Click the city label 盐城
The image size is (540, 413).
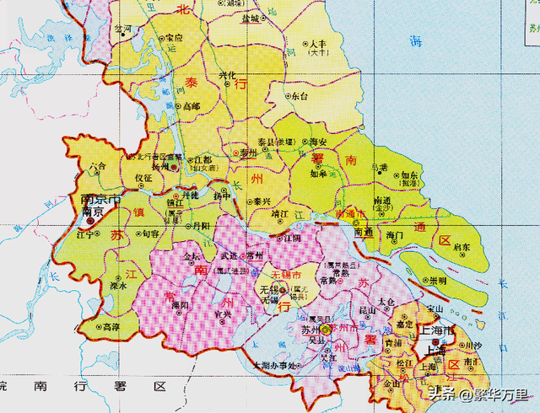point(251,18)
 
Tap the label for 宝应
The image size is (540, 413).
point(174,38)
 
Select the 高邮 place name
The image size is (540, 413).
point(192,106)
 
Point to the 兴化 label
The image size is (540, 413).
point(227,76)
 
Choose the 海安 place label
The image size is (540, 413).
point(317,142)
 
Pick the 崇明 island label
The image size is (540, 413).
point(438,279)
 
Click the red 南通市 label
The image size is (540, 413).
point(352,215)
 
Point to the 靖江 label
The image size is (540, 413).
point(276,215)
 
